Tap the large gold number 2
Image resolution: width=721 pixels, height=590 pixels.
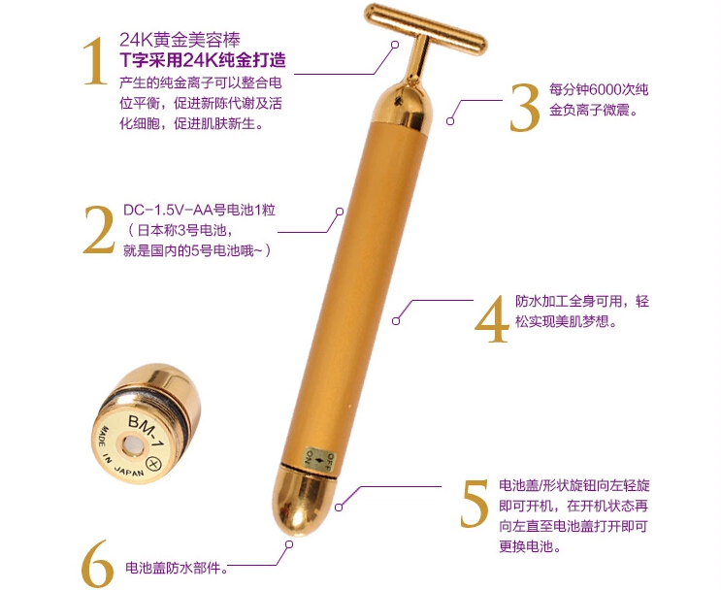[x=98, y=229]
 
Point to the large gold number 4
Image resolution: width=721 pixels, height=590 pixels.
[x=492, y=317]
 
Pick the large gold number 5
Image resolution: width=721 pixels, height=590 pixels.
[x=475, y=503]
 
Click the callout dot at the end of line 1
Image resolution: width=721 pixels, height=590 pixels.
[x=394, y=45]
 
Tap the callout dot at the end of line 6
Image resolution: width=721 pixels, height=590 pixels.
[x=290, y=545]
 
